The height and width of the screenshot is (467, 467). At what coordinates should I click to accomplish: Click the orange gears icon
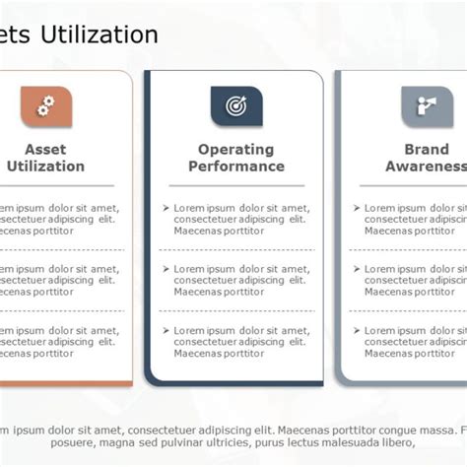[x=45, y=105]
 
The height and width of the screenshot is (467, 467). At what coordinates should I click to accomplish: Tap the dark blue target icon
[x=235, y=105]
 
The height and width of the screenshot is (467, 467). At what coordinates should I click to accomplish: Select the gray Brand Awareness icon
[x=426, y=105]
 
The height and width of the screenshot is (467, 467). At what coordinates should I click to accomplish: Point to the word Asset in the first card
[x=45, y=150]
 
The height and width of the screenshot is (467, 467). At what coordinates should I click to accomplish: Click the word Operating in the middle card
[x=235, y=150]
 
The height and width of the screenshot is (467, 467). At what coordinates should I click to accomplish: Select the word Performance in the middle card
[x=235, y=167]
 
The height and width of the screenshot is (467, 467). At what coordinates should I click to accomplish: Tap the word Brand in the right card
[x=426, y=150]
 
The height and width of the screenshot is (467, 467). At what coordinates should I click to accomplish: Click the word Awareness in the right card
[x=426, y=167]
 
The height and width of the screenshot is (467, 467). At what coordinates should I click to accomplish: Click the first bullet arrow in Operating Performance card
[x=167, y=208]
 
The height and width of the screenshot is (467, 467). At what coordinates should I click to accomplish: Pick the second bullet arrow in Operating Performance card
[x=167, y=268]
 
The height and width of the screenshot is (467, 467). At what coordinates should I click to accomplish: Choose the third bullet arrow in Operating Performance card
[x=167, y=328]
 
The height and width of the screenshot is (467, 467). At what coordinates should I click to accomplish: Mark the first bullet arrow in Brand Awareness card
[x=357, y=208]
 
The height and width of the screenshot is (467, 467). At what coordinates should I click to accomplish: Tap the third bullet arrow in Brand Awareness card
[x=357, y=328]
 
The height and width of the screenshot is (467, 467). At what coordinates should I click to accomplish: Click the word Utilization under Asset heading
[x=45, y=167]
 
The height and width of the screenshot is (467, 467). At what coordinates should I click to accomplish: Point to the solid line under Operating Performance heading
[x=235, y=185]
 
